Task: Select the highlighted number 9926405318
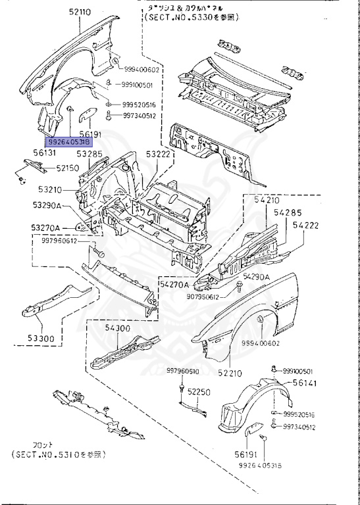coord(68,141)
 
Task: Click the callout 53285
coord(89,155)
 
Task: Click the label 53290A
coord(48,206)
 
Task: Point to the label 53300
coord(41,339)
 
